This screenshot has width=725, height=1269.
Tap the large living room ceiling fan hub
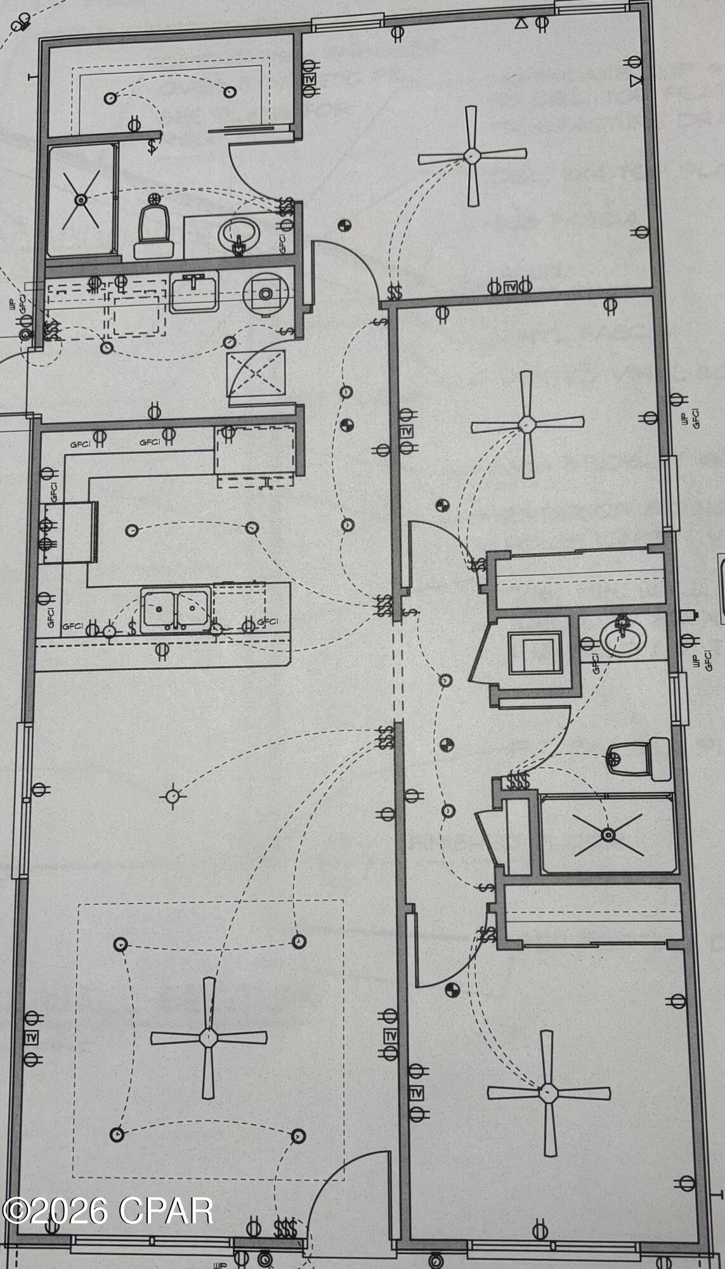click(x=208, y=1038)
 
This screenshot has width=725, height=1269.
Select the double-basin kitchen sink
click(x=176, y=609)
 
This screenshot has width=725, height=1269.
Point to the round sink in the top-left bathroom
click(x=239, y=235)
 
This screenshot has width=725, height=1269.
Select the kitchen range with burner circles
click(x=69, y=532)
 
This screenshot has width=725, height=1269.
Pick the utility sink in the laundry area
click(x=193, y=293)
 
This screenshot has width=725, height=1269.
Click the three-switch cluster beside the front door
click(x=285, y=1228)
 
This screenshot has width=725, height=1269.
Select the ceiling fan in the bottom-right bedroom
click(x=548, y=1093)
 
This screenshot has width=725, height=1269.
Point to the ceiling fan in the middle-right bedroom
click(x=526, y=423)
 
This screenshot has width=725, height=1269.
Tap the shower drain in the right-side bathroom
click(x=608, y=835)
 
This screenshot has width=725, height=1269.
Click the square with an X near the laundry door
click(x=256, y=371)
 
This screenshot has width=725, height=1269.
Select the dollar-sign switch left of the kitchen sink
click(x=132, y=628)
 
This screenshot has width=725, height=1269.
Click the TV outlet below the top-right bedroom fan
click(x=509, y=287)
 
